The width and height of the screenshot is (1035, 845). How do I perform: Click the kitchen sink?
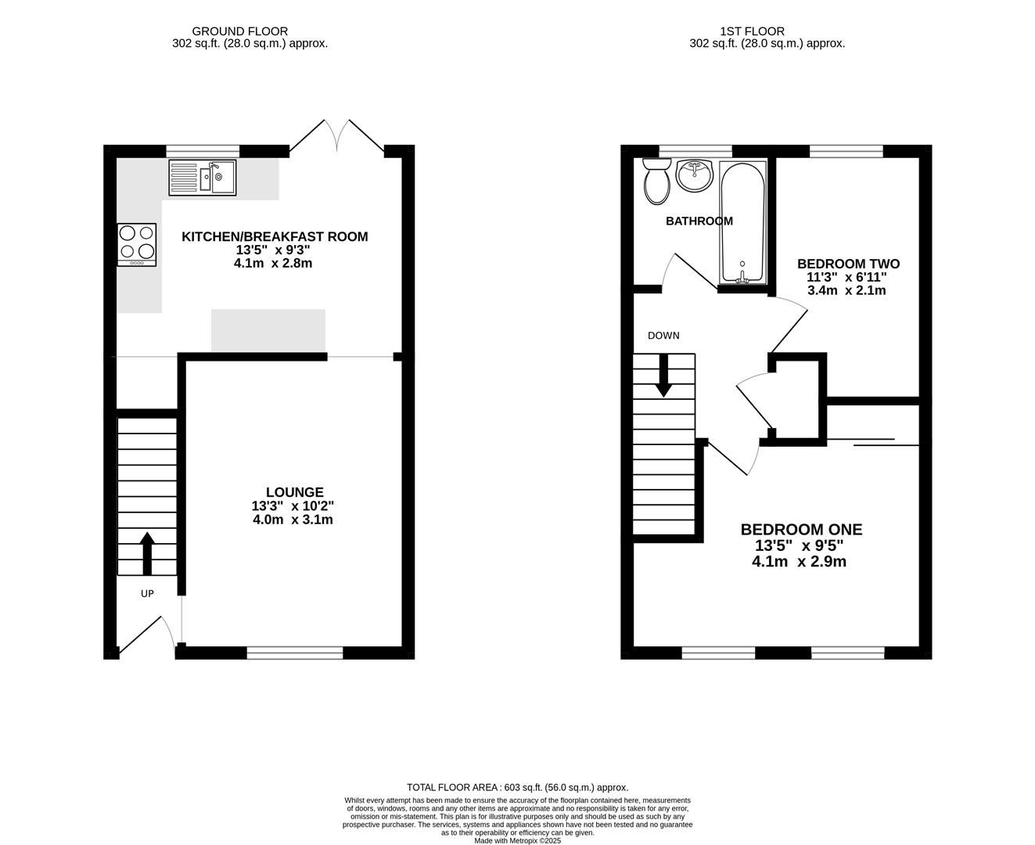(203, 178)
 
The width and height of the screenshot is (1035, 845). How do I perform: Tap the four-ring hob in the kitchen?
(136, 244)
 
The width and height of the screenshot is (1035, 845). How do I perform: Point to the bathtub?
(742, 222)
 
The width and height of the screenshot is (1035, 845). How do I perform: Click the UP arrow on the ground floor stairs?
(146, 554)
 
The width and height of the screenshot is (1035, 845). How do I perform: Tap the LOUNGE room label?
(294, 492)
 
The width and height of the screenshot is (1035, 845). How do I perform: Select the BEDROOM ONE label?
(801, 530)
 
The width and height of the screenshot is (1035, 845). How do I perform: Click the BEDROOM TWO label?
(848, 264)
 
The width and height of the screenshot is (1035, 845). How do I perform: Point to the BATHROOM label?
(699, 221)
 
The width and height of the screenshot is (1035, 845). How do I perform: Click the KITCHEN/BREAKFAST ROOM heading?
(275, 236)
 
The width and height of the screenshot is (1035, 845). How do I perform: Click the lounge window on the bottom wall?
(295, 652)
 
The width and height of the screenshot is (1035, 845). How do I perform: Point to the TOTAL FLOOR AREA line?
(517, 787)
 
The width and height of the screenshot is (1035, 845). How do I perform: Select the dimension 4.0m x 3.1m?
(293, 520)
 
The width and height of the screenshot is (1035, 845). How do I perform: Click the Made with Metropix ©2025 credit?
(517, 840)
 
